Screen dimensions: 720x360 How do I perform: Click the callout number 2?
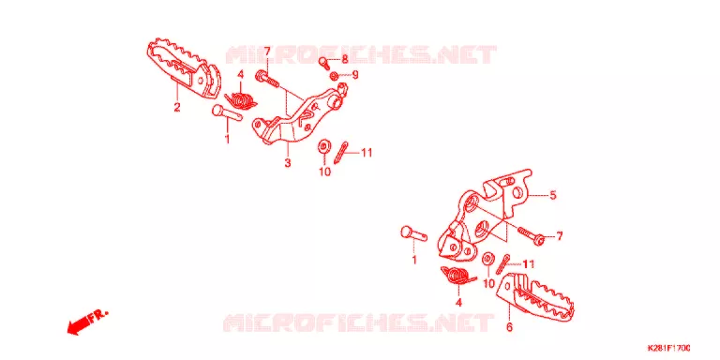coord(177,108)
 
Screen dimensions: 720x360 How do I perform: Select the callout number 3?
coord(288,162)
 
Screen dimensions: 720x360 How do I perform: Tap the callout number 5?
coord(553,196)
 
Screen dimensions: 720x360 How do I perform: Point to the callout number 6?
coord(509,327)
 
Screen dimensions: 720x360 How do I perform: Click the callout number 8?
coord(345,59)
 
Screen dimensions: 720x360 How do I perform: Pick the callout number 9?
coord(355,74)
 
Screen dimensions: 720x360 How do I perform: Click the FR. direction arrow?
coord(87,322)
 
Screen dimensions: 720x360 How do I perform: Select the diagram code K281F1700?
coord(669,348)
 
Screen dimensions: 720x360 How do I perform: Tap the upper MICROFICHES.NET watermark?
coord(361,54)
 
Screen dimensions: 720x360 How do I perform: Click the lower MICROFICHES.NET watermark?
coord(358,322)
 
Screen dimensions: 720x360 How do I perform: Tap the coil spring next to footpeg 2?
coord(242,100)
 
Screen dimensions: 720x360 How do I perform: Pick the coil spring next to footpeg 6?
coord(459,277)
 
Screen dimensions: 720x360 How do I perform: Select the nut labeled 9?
coord(335,75)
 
